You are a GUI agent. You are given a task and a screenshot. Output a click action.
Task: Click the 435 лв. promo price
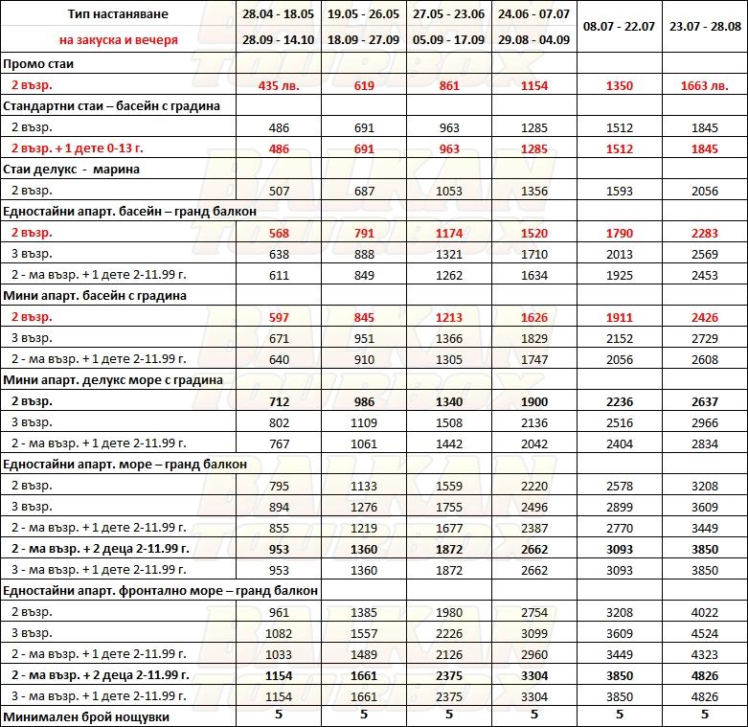point(277,85)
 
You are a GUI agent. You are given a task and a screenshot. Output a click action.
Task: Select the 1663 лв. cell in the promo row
point(704,85)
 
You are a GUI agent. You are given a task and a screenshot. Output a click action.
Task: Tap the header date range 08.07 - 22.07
point(619,27)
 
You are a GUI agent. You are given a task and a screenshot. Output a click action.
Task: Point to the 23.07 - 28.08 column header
point(705,27)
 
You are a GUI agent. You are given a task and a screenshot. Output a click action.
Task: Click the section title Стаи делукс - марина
point(72,169)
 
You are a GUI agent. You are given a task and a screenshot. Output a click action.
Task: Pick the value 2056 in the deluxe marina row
point(704,191)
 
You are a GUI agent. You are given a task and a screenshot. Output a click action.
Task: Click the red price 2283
point(704,233)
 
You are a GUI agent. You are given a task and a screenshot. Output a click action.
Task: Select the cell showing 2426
point(704,317)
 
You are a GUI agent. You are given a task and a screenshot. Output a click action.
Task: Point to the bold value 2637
point(704,400)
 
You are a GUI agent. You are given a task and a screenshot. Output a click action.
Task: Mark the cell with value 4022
point(704,610)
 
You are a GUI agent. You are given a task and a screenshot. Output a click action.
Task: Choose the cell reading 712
point(277,400)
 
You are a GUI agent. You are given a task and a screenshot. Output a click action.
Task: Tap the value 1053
point(450,191)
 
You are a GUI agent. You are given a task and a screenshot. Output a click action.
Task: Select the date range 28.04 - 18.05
point(278,14)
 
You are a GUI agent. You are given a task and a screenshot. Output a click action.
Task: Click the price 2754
point(533,610)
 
